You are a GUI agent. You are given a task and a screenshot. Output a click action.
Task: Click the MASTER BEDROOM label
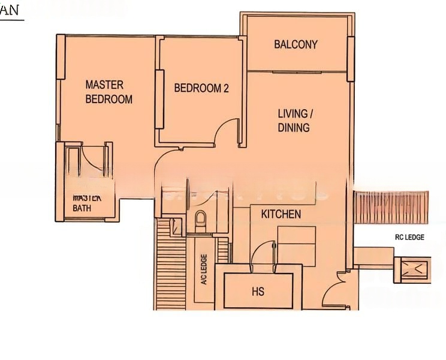109,92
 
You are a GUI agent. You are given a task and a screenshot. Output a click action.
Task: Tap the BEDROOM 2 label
201,88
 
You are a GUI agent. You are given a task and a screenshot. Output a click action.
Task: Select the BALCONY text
296,44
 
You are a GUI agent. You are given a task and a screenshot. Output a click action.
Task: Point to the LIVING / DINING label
294,120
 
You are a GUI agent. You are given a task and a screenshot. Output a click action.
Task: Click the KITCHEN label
281,214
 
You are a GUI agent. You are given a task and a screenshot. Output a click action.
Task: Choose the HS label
258,292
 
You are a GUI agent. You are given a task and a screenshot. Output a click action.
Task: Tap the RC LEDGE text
409,238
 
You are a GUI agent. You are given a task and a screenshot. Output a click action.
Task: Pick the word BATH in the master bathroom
83,208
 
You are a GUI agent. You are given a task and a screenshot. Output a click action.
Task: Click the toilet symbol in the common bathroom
201,220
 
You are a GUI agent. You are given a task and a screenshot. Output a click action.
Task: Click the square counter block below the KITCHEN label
296,245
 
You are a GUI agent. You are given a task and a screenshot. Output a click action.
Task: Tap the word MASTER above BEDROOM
104,85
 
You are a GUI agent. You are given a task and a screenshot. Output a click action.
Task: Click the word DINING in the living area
294,127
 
